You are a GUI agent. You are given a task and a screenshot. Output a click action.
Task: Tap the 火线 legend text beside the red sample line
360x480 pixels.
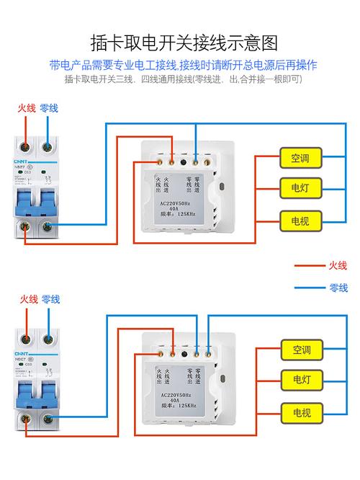pyautogui.click(x=338, y=265)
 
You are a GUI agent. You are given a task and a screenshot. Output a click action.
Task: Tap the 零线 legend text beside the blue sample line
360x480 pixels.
pyautogui.click(x=338, y=288)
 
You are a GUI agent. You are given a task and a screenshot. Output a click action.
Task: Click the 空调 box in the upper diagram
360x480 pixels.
pyautogui.click(x=300, y=157)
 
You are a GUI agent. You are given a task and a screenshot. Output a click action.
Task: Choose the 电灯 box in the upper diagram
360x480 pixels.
pyautogui.click(x=300, y=188)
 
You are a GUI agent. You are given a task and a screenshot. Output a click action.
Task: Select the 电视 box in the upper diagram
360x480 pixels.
pyautogui.click(x=300, y=220)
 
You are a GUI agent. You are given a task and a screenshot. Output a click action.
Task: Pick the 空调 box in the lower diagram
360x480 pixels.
pyautogui.click(x=301, y=350)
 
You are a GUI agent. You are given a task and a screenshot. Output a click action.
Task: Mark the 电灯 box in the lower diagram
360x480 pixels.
pyautogui.click(x=301, y=380)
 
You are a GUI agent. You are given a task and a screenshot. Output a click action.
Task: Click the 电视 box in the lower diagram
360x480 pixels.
pyautogui.click(x=301, y=412)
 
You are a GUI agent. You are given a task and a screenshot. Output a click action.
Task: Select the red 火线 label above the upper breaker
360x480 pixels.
pyautogui.click(x=27, y=107)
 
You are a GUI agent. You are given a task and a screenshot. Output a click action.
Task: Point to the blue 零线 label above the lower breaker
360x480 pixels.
pyautogui.click(x=50, y=299)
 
